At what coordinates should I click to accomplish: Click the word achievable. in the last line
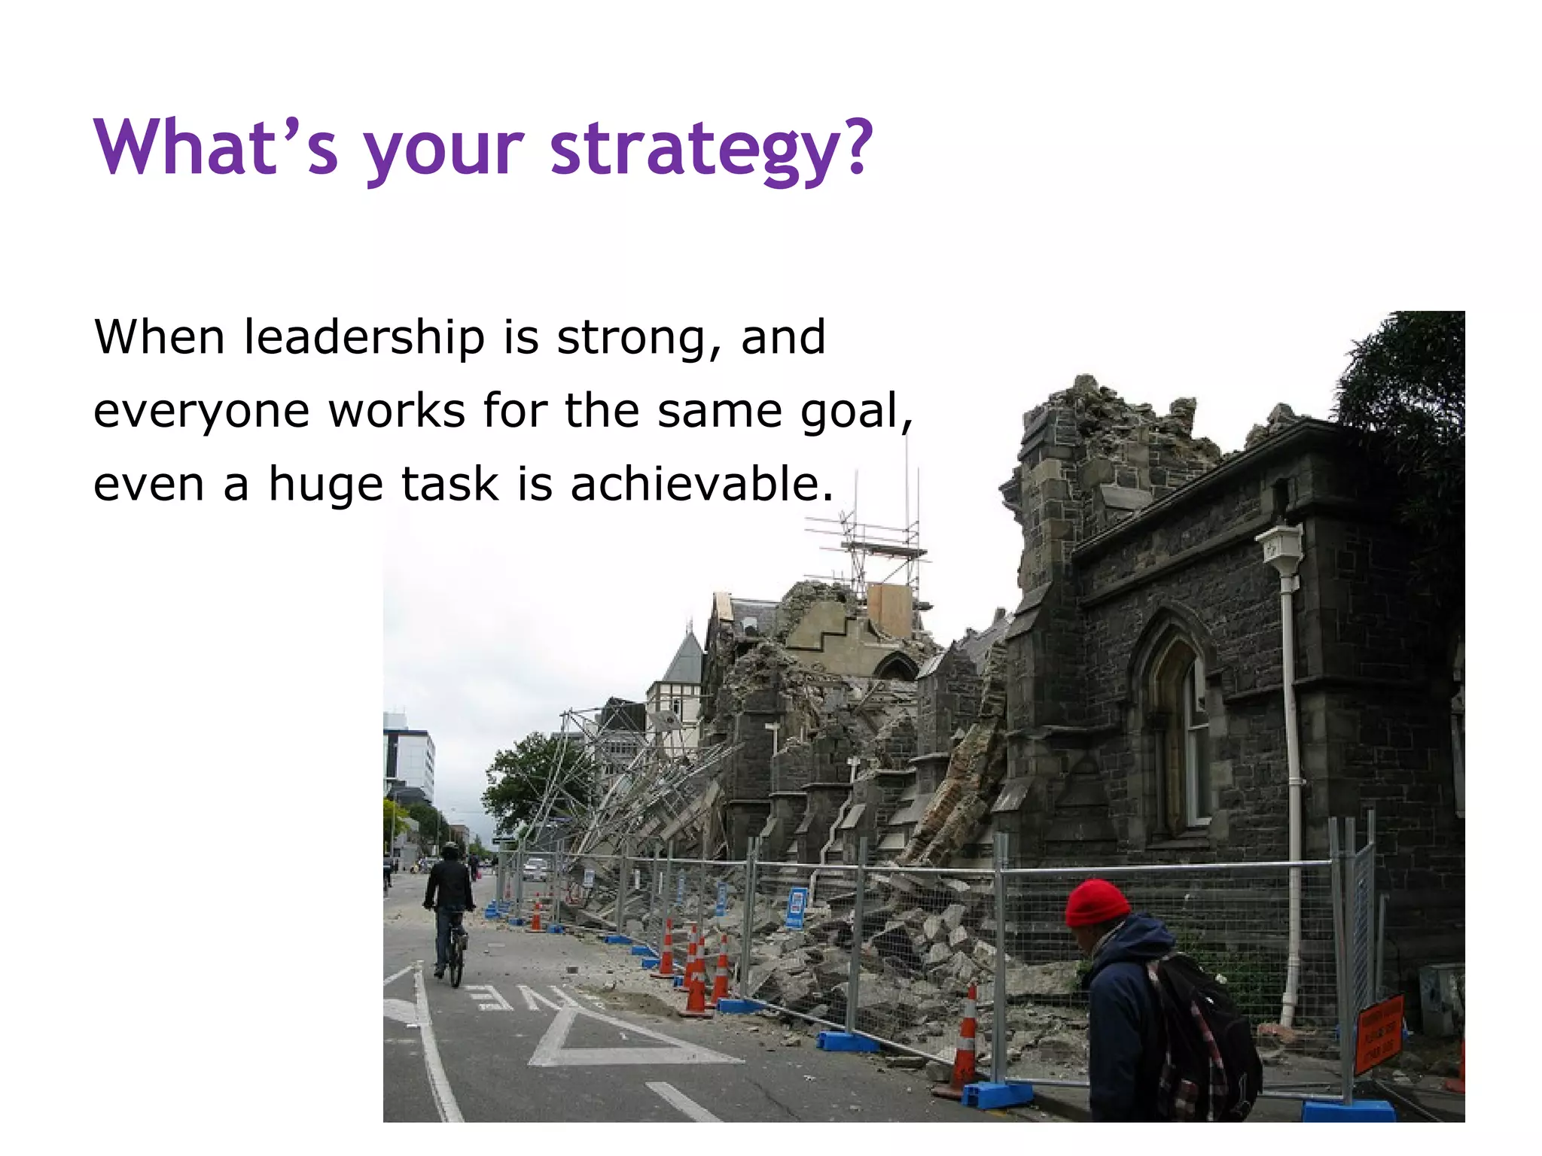[x=702, y=484]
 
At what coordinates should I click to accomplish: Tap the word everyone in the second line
[x=201, y=412]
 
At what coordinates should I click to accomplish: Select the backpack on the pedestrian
[x=1205, y=1039]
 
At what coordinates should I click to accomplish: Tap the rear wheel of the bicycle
[x=455, y=966]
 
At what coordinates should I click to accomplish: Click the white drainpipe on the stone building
[x=1292, y=753]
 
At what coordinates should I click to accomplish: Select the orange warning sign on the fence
[x=1379, y=1031]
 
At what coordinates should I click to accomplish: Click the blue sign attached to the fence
[x=796, y=907]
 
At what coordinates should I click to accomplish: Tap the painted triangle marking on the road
[x=602, y=1039]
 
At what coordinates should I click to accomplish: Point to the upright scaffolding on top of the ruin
[x=881, y=542]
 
